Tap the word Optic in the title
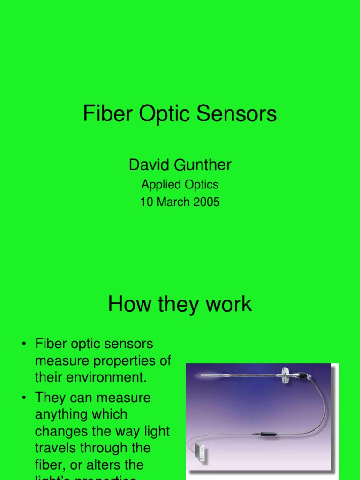[160, 114]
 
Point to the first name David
[147, 165]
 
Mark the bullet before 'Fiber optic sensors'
[24, 345]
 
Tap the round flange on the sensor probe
[284, 374]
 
